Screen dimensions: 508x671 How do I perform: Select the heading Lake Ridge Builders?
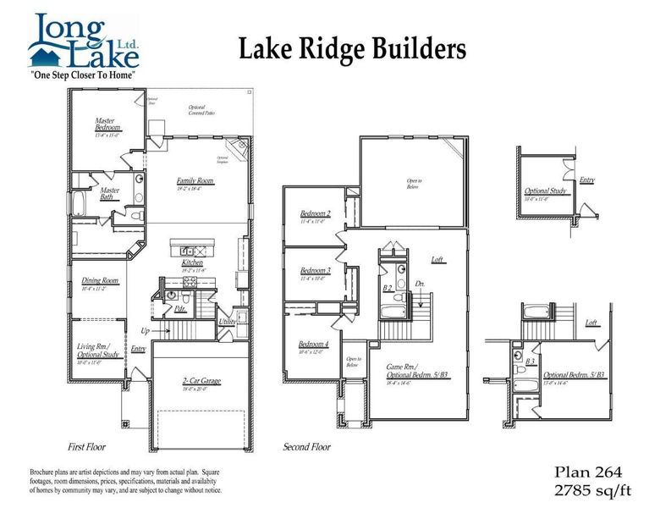pyautogui.click(x=351, y=48)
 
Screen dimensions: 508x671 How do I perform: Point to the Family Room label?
pyautogui.click(x=195, y=181)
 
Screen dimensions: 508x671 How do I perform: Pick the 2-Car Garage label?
pyautogui.click(x=201, y=382)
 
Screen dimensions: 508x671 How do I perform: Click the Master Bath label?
pyautogui.click(x=110, y=194)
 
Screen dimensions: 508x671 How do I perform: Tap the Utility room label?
pyautogui.click(x=227, y=323)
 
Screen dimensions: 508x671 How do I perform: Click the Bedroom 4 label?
pyautogui.click(x=315, y=344)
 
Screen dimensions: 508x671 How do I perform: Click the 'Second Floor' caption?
pyautogui.click(x=308, y=447)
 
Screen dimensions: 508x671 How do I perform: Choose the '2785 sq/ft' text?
pyautogui.click(x=592, y=489)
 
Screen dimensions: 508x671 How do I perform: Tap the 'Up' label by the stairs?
pyautogui.click(x=144, y=330)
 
